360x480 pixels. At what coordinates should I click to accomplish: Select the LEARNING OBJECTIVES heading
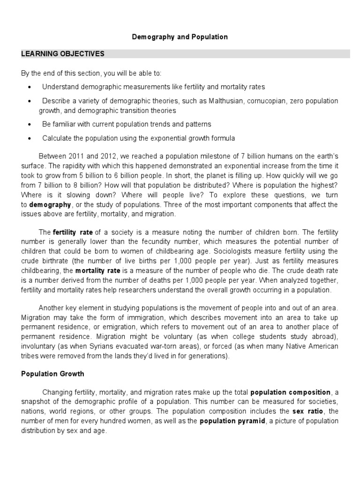tap(63, 54)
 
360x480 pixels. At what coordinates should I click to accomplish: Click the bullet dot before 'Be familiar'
tap(30, 124)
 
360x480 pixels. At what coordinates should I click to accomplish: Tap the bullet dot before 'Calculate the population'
tap(30, 138)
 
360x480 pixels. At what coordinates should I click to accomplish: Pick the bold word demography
tap(50, 205)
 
